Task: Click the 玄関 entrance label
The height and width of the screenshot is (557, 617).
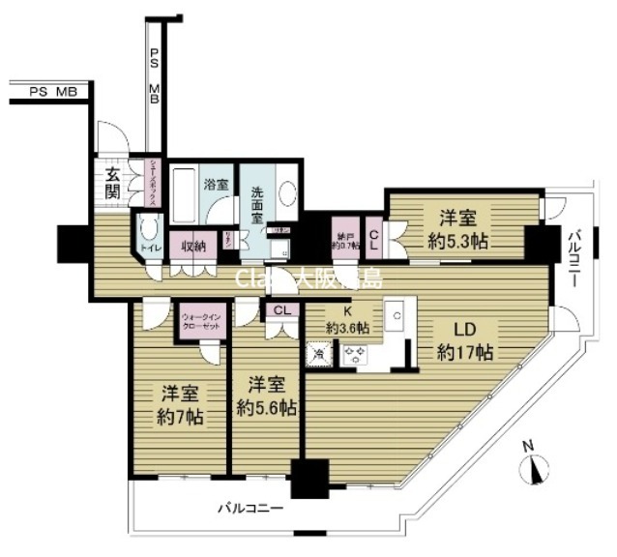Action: [x=113, y=183]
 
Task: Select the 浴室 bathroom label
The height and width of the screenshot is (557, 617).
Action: [x=216, y=181]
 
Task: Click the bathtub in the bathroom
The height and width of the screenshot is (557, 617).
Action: [x=186, y=193]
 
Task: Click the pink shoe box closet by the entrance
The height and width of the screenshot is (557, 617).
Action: [x=151, y=181]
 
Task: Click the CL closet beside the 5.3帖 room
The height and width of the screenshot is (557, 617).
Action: [x=374, y=235]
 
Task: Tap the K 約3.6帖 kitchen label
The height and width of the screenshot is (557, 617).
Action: [x=345, y=320]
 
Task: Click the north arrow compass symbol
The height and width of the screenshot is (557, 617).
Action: [x=534, y=469]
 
